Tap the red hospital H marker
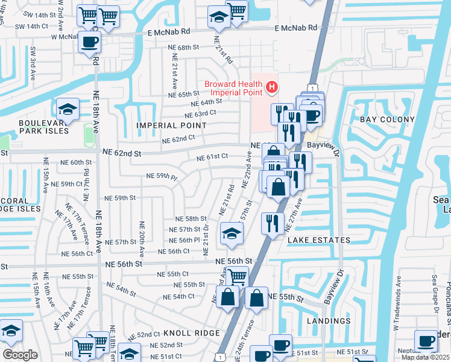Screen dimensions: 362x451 [x=271, y=88]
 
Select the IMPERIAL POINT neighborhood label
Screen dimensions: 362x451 [x=166, y=125]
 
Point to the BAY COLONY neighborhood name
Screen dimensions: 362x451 [x=387, y=120]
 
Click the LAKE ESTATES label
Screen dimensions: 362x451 [x=318, y=240]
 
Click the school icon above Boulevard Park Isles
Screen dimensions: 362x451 [x=68, y=109]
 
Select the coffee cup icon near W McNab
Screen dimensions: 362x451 [x=89, y=42]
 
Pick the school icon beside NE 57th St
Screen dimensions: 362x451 [x=231, y=234]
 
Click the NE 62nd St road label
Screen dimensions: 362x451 [x=121, y=154]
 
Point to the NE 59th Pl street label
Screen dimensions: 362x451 [x=162, y=177]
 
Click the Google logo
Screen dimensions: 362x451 [x=20, y=355]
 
